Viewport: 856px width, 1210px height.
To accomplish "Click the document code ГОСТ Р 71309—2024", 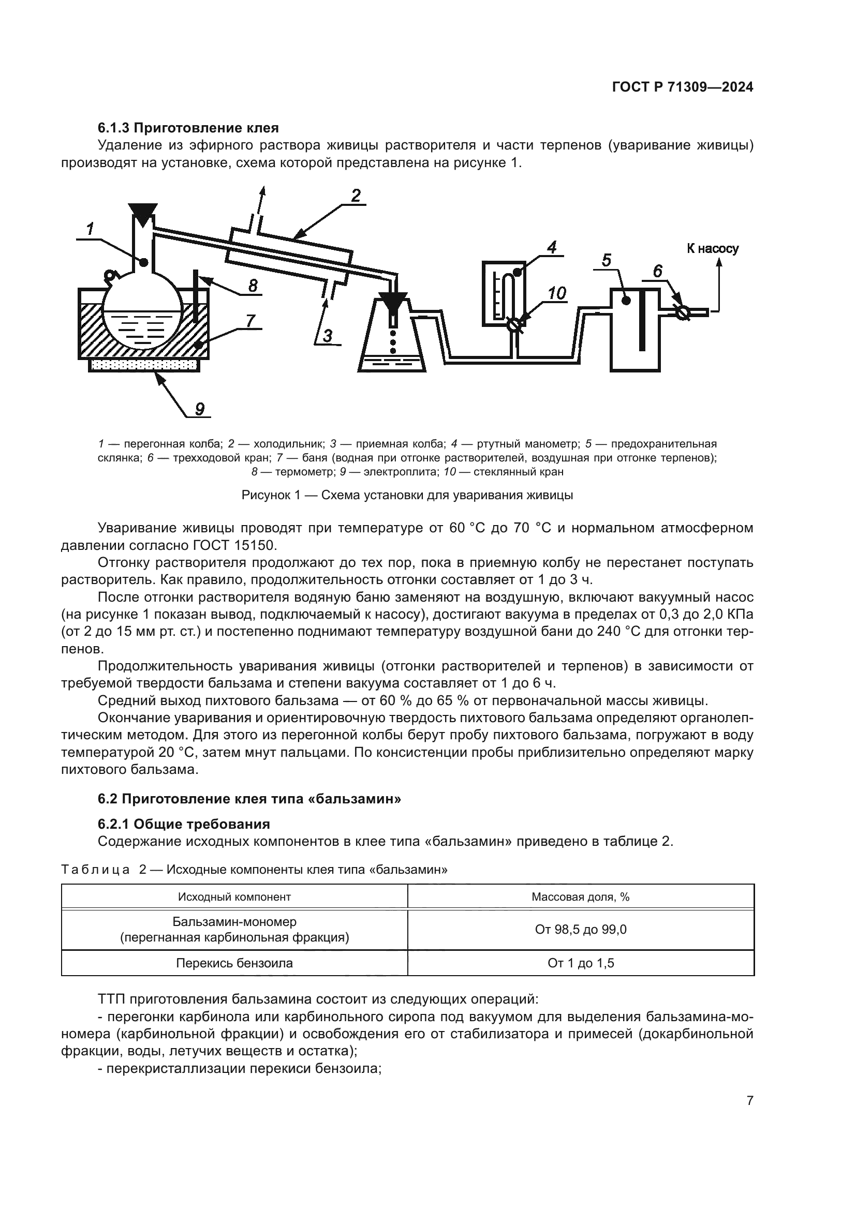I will (x=682, y=87).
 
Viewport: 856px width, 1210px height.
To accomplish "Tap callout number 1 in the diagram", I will (x=90, y=229).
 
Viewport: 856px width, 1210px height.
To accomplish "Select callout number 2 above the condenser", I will (x=356, y=196).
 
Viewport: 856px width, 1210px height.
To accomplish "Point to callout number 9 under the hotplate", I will (x=200, y=409).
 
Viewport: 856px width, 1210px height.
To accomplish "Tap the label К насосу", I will (x=712, y=249).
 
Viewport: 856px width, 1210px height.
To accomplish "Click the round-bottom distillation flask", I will (x=142, y=316).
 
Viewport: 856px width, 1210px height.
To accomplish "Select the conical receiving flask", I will (x=392, y=342).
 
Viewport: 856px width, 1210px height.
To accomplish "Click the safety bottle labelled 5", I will (x=634, y=330).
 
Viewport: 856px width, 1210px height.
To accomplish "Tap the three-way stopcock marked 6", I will (x=683, y=312).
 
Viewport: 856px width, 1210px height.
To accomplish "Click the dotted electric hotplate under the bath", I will (x=143, y=365).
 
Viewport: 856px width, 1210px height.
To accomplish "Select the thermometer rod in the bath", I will (x=196, y=298).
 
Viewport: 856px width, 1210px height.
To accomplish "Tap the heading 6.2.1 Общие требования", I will (x=184, y=824).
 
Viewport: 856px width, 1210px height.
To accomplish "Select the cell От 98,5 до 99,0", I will (x=580, y=929).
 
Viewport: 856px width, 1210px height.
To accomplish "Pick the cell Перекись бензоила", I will (x=234, y=963).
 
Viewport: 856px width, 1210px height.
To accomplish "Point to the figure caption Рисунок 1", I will (x=407, y=496).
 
